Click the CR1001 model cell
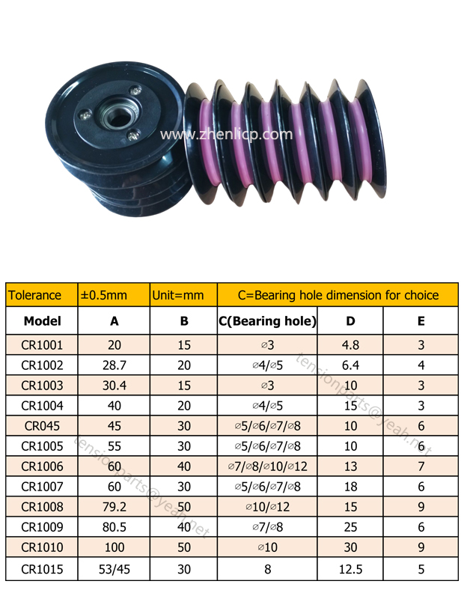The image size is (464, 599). point(42,345)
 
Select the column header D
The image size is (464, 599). point(350,321)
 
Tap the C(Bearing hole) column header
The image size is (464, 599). point(267,321)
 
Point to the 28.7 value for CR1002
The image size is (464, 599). point(115,365)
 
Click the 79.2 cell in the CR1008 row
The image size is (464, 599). point(115,507)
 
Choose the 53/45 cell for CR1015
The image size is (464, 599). point(115,569)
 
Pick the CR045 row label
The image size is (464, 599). point(42,426)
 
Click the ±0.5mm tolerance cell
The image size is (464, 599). point(103,295)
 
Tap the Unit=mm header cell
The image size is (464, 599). point(178,295)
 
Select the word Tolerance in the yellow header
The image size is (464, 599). point(34,295)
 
